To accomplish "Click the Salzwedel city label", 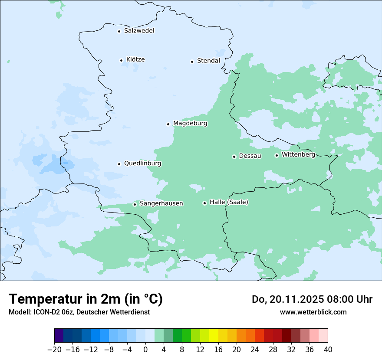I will point(139,31).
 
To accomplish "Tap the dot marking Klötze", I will point(122,60).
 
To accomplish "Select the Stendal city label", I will point(208,61).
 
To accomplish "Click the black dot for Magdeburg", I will point(168,124).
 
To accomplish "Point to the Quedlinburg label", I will point(142,164).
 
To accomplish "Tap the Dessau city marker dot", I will point(234,157).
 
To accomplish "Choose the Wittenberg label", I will point(298,155).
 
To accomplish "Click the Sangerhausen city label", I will point(161,203).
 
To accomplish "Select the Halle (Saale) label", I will point(229,202).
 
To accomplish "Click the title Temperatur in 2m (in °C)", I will point(86,299).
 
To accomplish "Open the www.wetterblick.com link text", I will point(313,312).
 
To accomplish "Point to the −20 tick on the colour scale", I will point(55,350).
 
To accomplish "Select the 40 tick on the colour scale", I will point(328,350).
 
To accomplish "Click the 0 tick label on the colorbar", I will point(145,350).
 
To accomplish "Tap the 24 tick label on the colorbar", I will point(255,350).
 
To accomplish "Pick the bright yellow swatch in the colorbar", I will point(214,336).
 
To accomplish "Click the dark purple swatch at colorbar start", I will point(59,336).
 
